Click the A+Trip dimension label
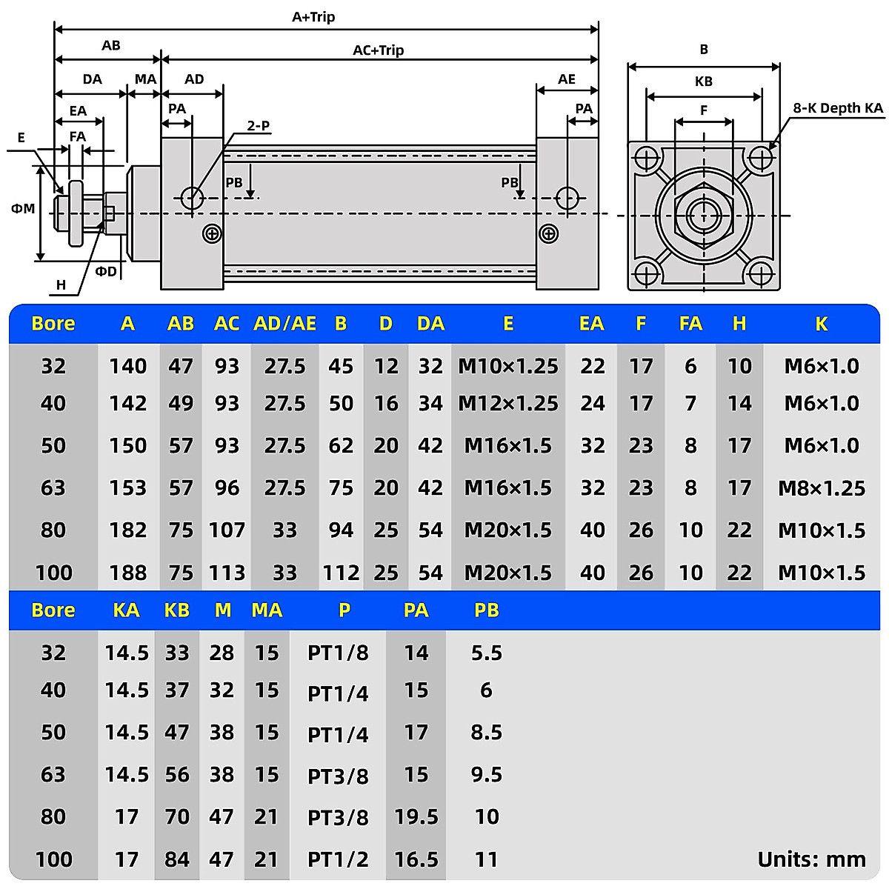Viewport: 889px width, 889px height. (x=313, y=17)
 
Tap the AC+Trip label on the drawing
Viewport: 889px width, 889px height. (x=378, y=50)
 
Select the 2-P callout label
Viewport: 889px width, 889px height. (x=258, y=126)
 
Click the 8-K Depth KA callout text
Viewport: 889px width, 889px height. (x=838, y=108)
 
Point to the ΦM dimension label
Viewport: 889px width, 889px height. (x=23, y=209)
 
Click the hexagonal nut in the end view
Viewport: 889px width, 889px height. (x=703, y=216)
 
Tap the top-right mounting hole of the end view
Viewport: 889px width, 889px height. (x=760, y=158)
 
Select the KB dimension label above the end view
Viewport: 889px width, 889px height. (x=703, y=81)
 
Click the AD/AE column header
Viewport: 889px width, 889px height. (x=284, y=324)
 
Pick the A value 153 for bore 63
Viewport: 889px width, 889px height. (x=127, y=488)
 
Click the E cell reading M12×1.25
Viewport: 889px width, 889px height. (x=507, y=404)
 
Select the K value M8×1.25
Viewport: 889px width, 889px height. (x=821, y=488)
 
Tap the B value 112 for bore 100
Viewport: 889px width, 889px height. (x=341, y=573)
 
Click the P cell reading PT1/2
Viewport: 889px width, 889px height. (x=338, y=859)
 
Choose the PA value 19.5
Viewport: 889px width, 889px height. (x=416, y=817)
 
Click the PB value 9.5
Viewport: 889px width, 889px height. (x=486, y=775)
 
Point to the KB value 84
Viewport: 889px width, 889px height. (x=176, y=859)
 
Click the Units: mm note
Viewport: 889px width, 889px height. (x=811, y=859)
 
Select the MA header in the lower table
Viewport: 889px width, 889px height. (x=267, y=610)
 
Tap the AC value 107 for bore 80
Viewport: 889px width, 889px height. (x=227, y=530)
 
